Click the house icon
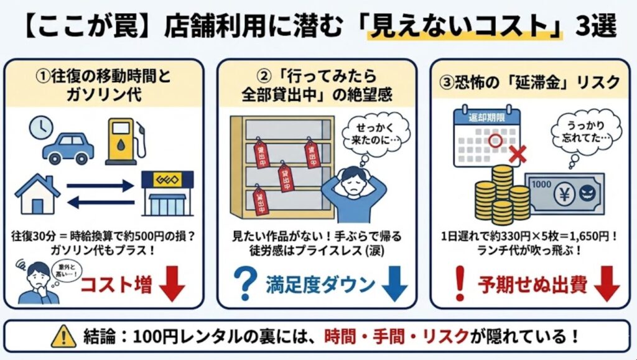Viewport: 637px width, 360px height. point(38,193)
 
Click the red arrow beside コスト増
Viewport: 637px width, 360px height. point(172,285)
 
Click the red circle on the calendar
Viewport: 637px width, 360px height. point(495,141)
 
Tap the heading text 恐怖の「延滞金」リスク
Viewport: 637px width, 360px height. point(529,81)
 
